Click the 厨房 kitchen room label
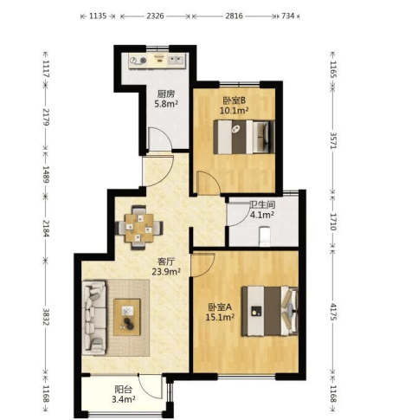pos(166,94)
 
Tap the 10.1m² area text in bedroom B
pos(235,110)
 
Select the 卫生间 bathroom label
pos(262,204)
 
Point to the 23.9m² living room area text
pos(166,271)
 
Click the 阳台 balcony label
pos(124,390)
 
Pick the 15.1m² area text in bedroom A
pos(220,317)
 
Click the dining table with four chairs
pos(139,228)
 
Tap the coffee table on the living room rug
pos(127,317)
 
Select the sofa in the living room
pos(94,318)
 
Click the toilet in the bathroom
pos(264,236)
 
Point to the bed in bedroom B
pos(244,137)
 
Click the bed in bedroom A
pos(270,311)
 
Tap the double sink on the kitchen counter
pos(176,60)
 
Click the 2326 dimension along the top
pos(155,16)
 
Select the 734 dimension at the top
pos(287,16)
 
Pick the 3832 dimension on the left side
pos(46,317)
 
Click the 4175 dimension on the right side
pos(333,312)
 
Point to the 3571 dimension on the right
pos(333,140)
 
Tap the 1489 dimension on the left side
pos(46,174)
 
